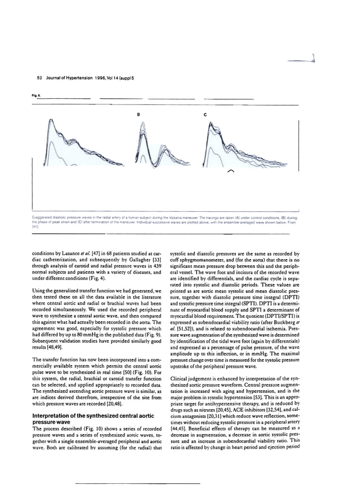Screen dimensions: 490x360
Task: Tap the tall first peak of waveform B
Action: coord(142,133)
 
